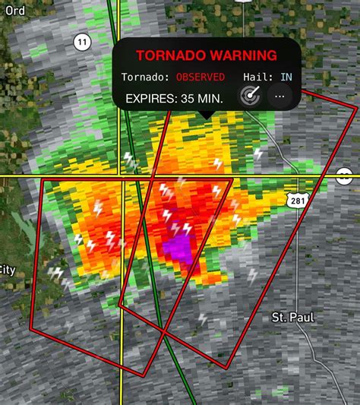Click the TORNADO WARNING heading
206,55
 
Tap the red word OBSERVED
201,77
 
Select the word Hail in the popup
257,77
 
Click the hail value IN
286,77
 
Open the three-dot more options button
280,97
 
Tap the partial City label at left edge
7,270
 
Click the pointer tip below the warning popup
204,115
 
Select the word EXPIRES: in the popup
150,98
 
